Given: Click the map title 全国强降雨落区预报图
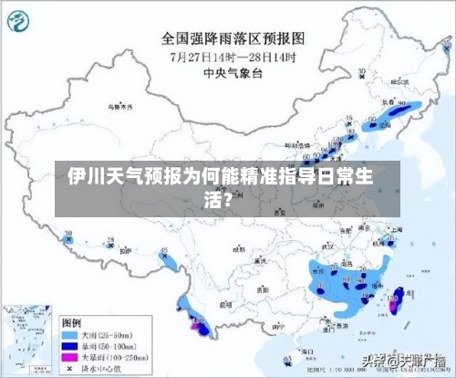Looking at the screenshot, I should (235, 38).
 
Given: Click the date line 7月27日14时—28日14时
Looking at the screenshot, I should (235, 57).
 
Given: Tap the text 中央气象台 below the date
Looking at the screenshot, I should (235, 74).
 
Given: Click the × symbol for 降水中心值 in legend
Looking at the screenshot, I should (72, 368).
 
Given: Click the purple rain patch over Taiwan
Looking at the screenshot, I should (395, 302).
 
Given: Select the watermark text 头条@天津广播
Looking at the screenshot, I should (402, 362).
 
